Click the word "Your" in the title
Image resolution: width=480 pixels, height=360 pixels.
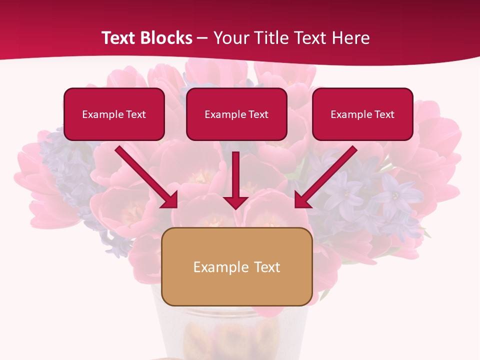click(230, 38)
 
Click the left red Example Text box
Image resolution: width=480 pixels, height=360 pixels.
click(114, 114)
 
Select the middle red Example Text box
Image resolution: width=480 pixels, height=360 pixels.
click(236, 114)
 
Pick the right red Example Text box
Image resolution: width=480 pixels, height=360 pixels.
click(362, 114)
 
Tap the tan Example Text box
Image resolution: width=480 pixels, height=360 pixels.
click(237, 267)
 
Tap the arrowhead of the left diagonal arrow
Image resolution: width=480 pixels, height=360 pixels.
click(170, 200)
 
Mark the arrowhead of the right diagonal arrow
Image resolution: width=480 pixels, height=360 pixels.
click(302, 200)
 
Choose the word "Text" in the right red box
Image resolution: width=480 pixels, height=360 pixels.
click(384, 114)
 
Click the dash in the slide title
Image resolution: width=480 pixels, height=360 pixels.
click(202, 38)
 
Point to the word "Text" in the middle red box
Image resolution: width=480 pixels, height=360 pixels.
click(258, 114)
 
